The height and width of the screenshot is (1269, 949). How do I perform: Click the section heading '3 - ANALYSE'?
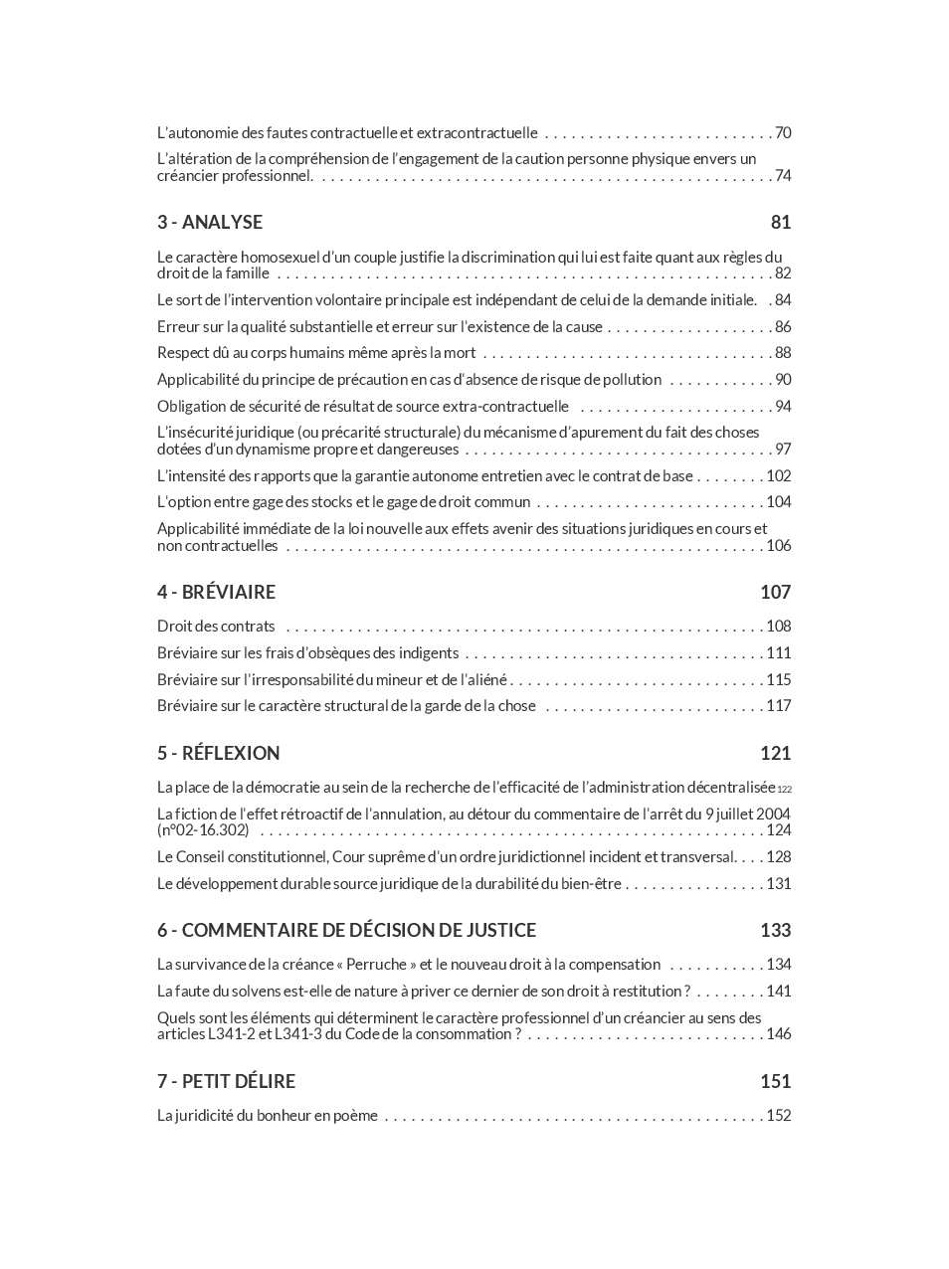point(210,222)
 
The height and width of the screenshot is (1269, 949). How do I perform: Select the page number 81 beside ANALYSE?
point(781,222)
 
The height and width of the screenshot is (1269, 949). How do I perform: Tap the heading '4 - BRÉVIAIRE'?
point(216,592)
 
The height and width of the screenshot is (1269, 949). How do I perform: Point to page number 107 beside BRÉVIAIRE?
point(776,592)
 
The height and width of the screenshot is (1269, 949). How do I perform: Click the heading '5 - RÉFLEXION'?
point(218,753)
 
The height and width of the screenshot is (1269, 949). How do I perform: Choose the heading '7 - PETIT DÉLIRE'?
point(226,1081)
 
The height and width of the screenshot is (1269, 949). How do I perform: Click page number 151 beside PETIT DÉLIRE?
point(776,1081)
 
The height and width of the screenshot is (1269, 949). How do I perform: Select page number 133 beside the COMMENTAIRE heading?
point(776,930)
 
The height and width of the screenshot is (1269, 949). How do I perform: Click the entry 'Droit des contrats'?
point(216,626)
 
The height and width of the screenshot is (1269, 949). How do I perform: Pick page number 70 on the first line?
point(783,132)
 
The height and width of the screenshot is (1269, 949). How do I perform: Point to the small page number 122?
point(785,789)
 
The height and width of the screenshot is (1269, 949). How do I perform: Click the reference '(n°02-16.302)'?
point(203,830)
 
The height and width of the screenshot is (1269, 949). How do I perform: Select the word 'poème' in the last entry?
point(356,1115)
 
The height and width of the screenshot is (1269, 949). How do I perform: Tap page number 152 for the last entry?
point(779,1115)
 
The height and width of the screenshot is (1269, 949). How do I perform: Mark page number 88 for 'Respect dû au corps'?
point(783,352)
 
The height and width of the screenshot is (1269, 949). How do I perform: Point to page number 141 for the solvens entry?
point(779,991)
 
